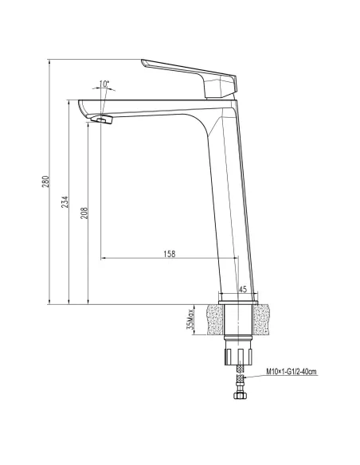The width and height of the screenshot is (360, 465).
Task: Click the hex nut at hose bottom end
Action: [238, 396]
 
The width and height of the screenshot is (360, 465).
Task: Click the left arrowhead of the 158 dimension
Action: [104, 259]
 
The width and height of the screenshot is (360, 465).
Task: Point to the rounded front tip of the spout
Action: [82, 104]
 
